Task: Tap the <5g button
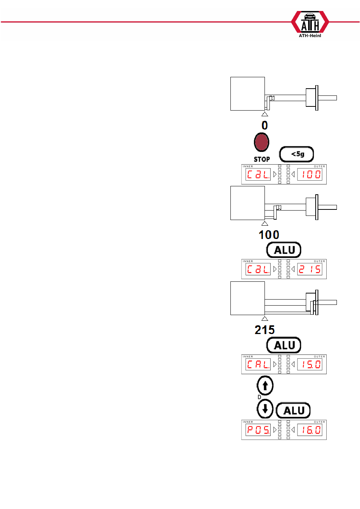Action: pos(297,154)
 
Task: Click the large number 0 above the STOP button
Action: pos(265,125)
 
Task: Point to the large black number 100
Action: pos(269,235)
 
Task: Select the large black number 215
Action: pos(265,330)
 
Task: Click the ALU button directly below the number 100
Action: pos(284,250)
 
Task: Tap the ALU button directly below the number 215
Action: pos(284,345)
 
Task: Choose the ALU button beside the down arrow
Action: pos(293,411)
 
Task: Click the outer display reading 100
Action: pos(310,175)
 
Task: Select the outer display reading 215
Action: pos(310,269)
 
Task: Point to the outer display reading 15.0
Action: pos(310,365)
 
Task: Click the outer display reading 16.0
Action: pos(310,430)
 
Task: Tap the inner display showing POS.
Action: pos(258,430)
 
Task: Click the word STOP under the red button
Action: pos(262,159)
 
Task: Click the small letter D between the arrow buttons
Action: pos(260,397)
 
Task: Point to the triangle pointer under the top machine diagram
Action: pos(265,114)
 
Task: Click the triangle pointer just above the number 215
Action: pos(265,319)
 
